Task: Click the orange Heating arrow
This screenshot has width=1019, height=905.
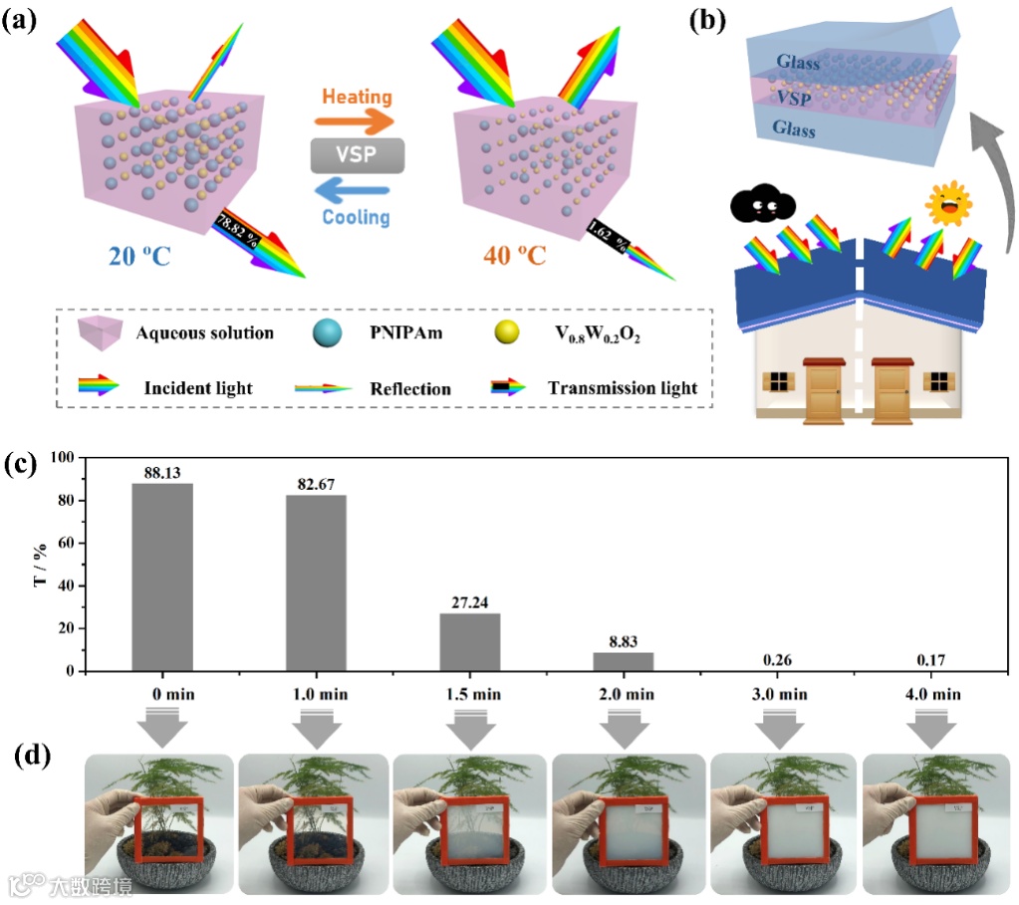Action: [355, 121]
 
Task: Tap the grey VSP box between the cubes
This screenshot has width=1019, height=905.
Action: [357, 156]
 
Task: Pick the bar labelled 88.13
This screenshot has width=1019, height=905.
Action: [161, 577]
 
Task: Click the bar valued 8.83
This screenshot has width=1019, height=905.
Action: [625, 661]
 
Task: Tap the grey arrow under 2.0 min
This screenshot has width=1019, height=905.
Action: [625, 728]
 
